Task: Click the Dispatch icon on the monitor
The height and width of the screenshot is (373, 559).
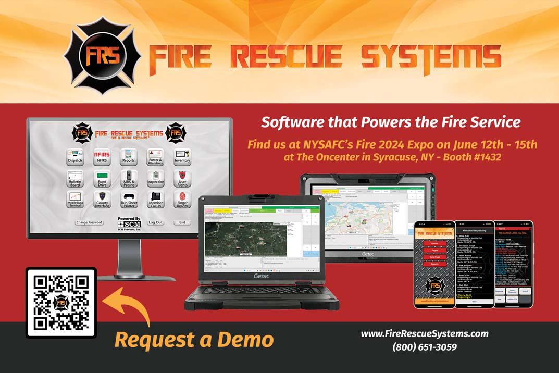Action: pyautogui.click(x=76, y=156)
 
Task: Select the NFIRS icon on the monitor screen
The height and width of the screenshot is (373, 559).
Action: pyautogui.click(x=102, y=156)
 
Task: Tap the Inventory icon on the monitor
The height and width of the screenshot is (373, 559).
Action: pyautogui.click(x=182, y=156)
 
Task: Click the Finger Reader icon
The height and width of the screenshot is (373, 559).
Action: pyautogui.click(x=182, y=200)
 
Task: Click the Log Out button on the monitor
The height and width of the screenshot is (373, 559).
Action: pyautogui.click(x=155, y=222)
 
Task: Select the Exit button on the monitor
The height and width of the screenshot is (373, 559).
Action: pyautogui.click(x=182, y=222)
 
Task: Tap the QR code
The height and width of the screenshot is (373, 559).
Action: pyautogui.click(x=61, y=303)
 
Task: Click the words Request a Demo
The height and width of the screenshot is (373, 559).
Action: pyautogui.click(x=194, y=340)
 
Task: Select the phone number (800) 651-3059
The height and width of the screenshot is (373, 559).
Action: pyautogui.click(x=425, y=347)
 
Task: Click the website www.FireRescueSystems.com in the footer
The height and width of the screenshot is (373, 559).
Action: pyautogui.click(x=425, y=334)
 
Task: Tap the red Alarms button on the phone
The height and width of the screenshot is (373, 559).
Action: pyautogui.click(x=434, y=243)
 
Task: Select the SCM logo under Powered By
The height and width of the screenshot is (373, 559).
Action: pyautogui.click(x=129, y=225)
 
